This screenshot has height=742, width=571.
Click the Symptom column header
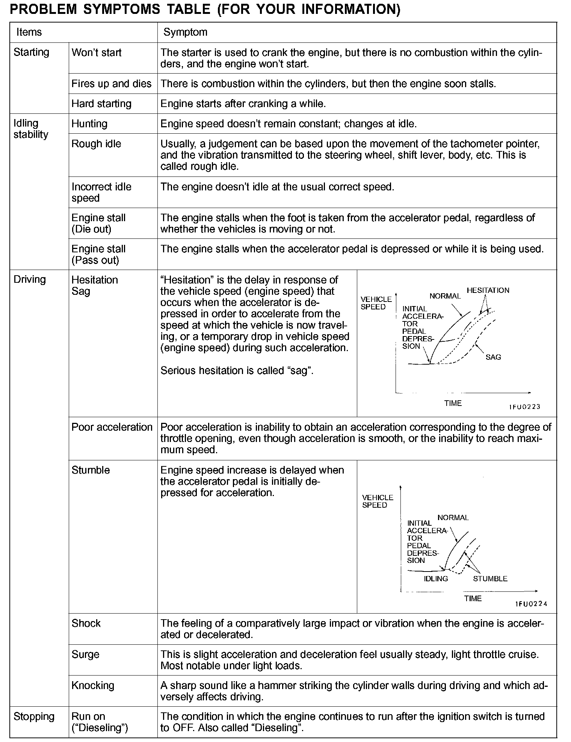(x=185, y=32)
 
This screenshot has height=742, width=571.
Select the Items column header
(x=29, y=32)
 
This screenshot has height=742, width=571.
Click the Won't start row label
(x=97, y=53)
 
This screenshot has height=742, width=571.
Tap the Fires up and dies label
(x=112, y=84)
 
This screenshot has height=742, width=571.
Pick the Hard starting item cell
(x=101, y=104)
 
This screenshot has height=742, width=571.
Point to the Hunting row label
(x=89, y=124)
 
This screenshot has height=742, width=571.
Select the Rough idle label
(x=97, y=144)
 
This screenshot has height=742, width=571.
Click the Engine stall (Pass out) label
(x=98, y=254)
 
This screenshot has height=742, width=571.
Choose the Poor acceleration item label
(x=112, y=427)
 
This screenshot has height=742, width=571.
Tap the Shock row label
(x=86, y=623)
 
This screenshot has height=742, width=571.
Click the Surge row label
(x=85, y=655)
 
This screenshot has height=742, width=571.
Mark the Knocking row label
(x=93, y=686)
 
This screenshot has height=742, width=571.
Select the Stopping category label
(x=34, y=716)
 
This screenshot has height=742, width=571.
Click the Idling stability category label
(x=31, y=129)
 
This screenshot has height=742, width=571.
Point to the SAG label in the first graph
(x=493, y=357)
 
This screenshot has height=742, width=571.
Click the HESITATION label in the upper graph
(x=488, y=290)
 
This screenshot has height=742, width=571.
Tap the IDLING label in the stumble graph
(x=436, y=579)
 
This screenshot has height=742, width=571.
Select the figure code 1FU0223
(x=524, y=407)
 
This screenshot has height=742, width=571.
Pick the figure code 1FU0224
(x=531, y=604)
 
